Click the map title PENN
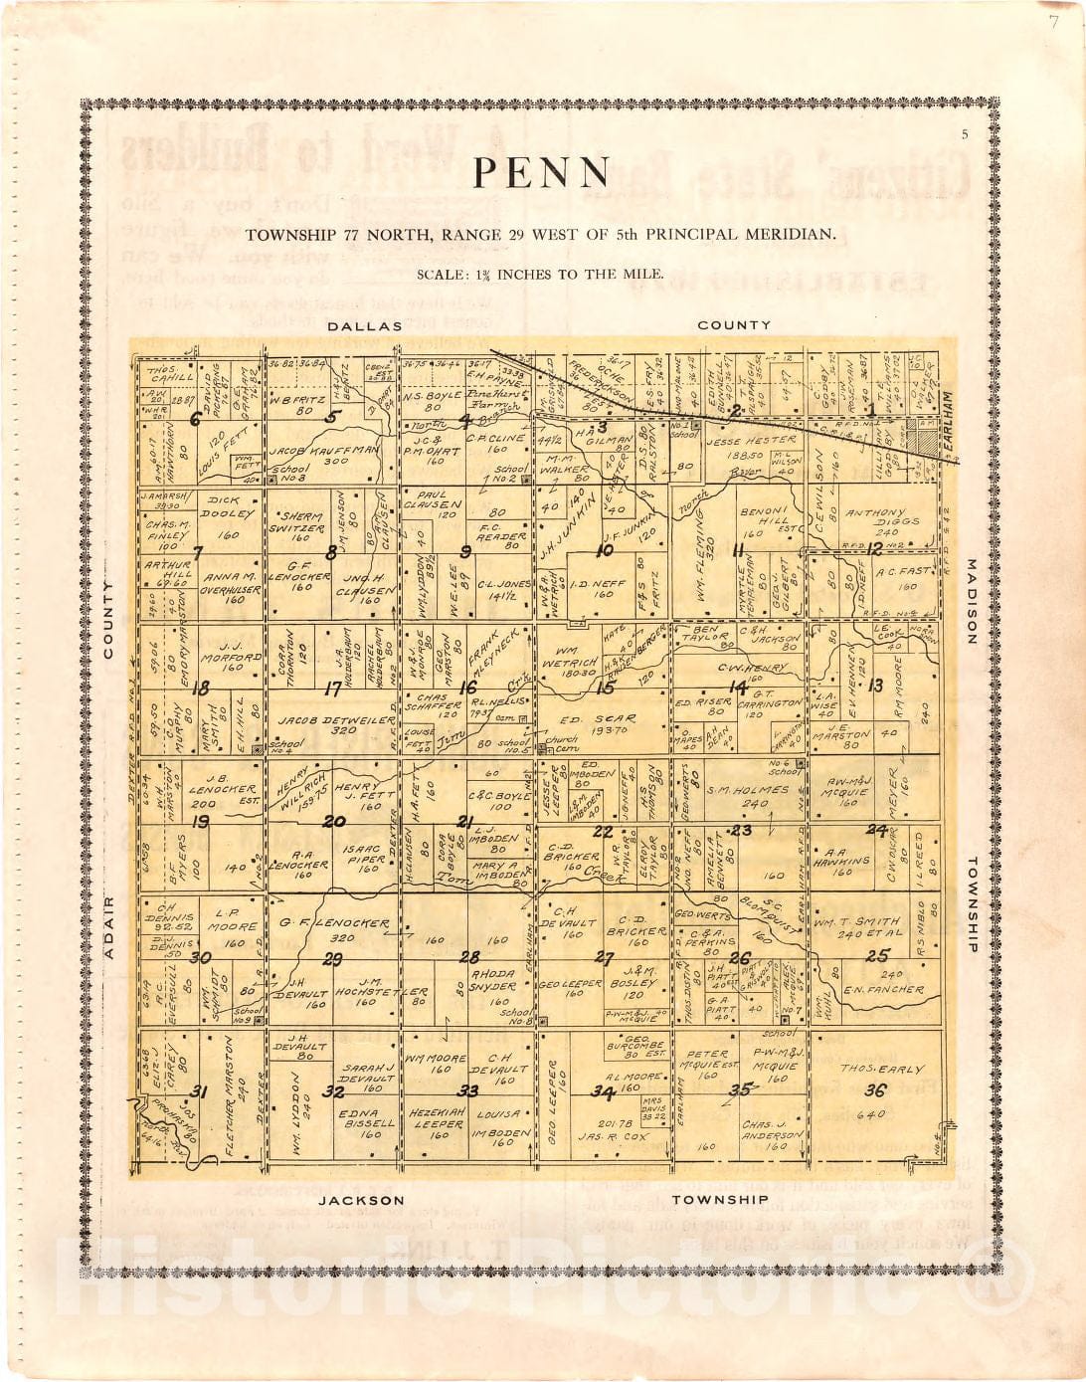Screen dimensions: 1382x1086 pos(541,173)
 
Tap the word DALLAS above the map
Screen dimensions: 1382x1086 pos(365,325)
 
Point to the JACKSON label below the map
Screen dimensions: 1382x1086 pos(362,1201)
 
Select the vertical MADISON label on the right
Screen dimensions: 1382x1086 pos(972,602)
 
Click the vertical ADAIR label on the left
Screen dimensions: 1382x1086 pos(108,927)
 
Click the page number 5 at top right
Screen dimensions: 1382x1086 pos(964,135)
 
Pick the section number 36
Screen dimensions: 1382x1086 pos(875,1090)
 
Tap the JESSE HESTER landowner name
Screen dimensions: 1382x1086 pos(751,440)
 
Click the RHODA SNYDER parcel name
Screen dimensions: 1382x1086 pos(493,980)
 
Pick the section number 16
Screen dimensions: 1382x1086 pos(467,688)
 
